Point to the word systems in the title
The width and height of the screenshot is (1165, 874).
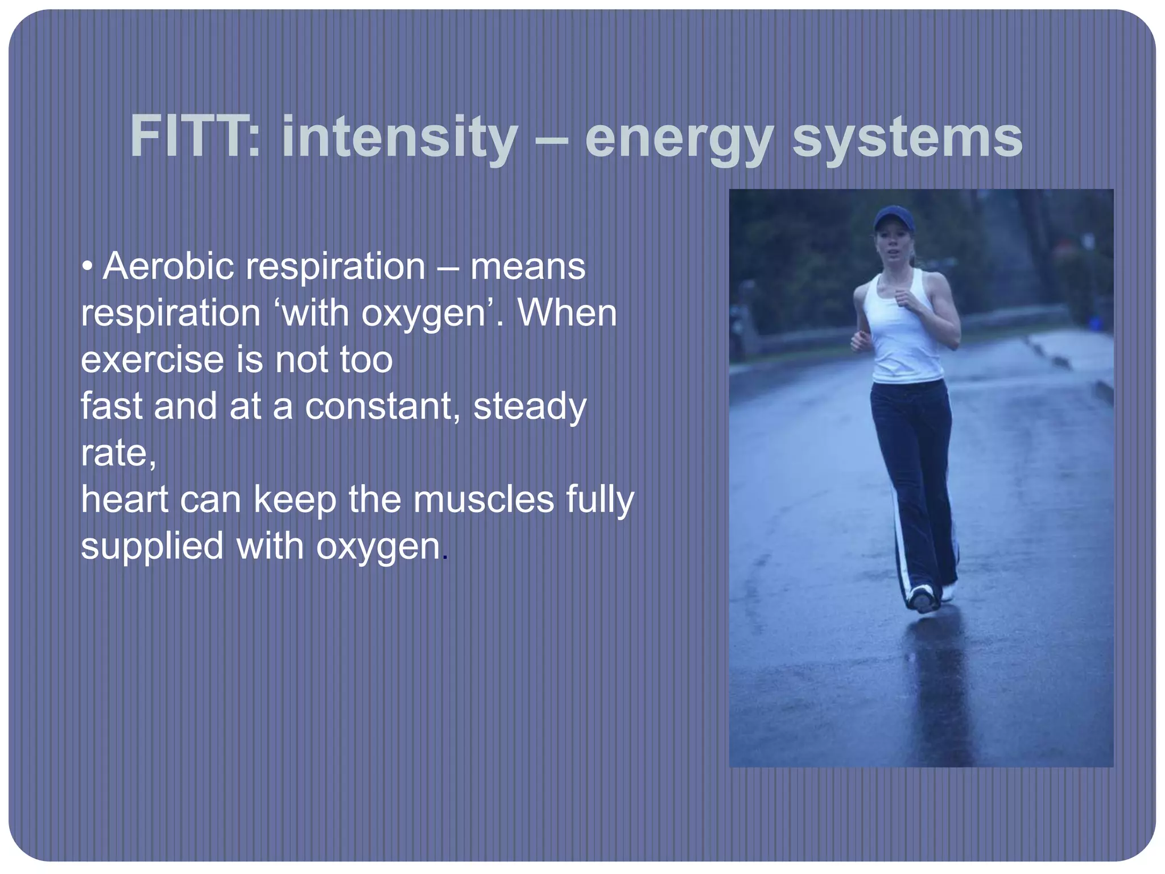(907, 138)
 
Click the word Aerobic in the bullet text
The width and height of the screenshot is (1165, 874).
(168, 266)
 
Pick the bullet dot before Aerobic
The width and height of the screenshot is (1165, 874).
(86, 266)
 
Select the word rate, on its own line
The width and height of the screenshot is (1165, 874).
(118, 454)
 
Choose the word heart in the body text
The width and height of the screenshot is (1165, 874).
(125, 499)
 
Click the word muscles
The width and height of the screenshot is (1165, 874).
(483, 500)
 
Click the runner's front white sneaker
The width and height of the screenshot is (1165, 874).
(922, 597)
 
